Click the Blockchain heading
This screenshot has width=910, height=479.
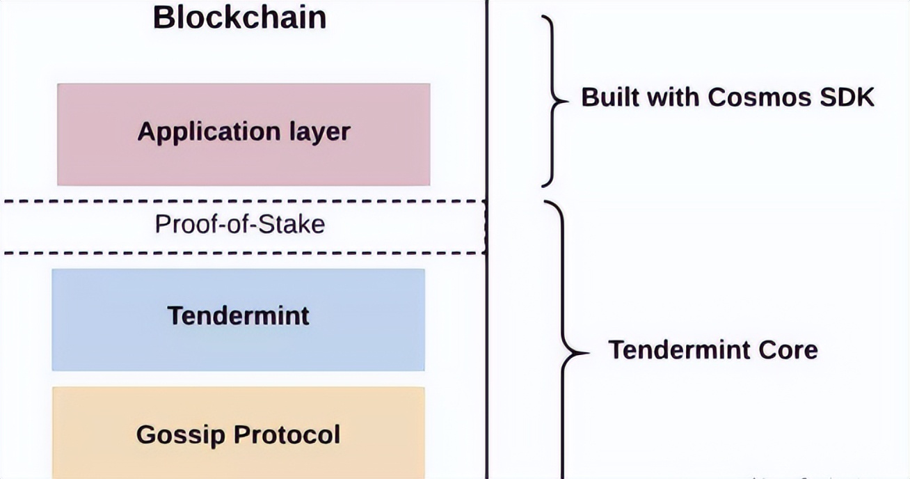[x=240, y=17]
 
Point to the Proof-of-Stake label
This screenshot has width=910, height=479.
[x=240, y=225]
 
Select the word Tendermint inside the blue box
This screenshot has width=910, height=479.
[x=239, y=315]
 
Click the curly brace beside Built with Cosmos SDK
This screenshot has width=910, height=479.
[x=553, y=101]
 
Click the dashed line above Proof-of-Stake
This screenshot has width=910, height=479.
[x=244, y=201]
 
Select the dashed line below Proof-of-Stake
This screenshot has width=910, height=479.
[x=244, y=253]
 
